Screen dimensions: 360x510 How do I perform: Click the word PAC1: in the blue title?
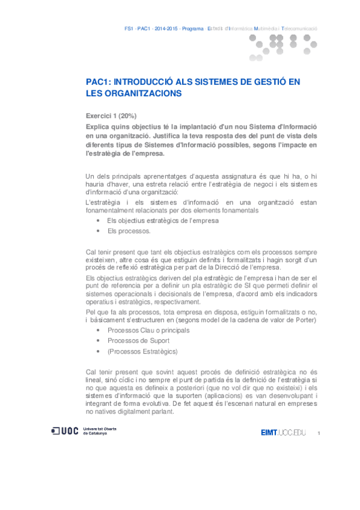[x=99, y=82]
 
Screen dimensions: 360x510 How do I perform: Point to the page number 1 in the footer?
[x=319, y=433]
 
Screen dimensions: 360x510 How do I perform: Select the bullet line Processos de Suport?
[x=138, y=340]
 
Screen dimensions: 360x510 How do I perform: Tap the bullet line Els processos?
[x=129, y=231]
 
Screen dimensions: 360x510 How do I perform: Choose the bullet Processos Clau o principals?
[x=148, y=330]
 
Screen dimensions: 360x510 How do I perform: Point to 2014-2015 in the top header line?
[x=166, y=28]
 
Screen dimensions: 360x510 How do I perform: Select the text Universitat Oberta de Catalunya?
[x=100, y=431]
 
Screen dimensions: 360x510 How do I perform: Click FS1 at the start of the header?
[x=129, y=28]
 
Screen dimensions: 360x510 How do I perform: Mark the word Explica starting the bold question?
[x=100, y=127]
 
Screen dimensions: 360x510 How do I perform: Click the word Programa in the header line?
[x=192, y=28]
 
